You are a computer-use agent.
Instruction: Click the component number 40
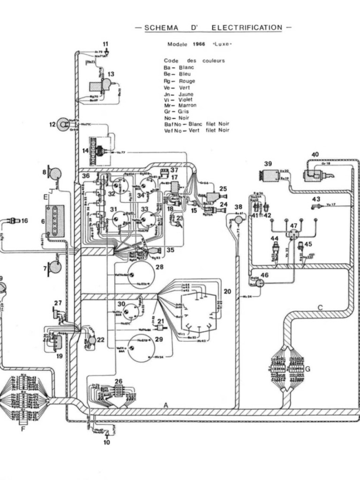[x=315, y=154]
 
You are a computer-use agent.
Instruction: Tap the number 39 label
[x=268, y=164]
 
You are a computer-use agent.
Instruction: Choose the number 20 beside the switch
[x=228, y=292]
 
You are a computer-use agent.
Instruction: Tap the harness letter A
[x=165, y=405]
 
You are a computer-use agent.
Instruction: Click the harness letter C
[x=320, y=307]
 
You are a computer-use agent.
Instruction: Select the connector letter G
[x=307, y=369]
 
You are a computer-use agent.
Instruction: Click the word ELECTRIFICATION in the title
[x=247, y=28]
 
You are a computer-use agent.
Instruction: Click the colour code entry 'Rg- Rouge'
[x=180, y=81]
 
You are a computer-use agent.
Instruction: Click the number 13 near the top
[x=111, y=74]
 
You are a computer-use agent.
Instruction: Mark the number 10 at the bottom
[x=106, y=442]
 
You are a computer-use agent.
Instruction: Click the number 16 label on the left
[x=24, y=220]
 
